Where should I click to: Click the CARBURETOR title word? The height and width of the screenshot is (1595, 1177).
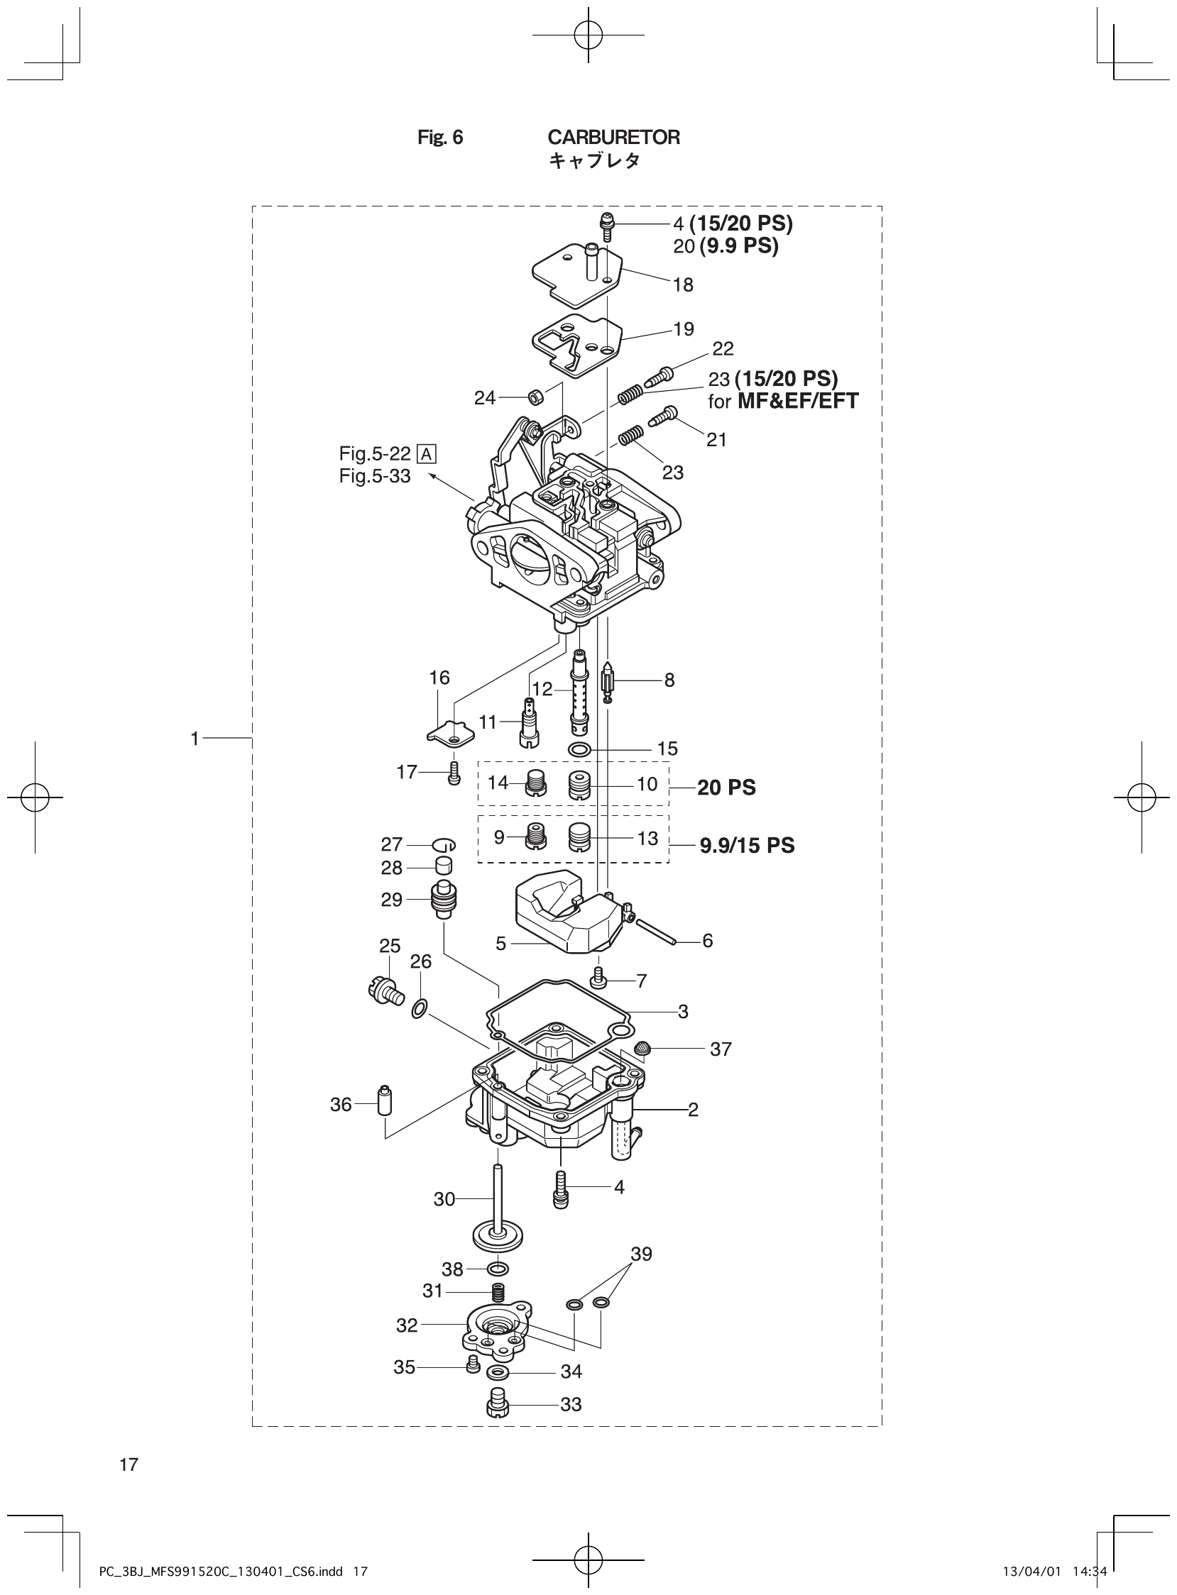tap(613, 138)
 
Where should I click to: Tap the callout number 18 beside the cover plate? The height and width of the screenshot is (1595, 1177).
tap(682, 285)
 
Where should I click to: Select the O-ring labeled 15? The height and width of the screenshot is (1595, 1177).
tap(579, 749)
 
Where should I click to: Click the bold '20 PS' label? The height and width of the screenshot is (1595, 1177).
tap(726, 788)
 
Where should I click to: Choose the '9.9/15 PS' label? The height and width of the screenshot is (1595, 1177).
tap(747, 846)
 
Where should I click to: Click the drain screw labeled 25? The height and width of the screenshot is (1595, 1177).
tap(386, 990)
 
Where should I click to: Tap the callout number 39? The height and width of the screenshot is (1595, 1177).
tap(641, 1254)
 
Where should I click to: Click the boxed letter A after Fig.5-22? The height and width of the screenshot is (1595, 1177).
tap(427, 453)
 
